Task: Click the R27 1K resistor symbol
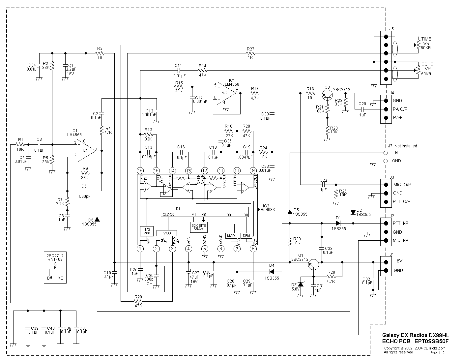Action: pos(251,53)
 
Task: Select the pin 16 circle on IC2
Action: pos(140,170)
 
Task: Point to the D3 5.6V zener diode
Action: pos(300,284)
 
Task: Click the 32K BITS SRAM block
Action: pos(199,227)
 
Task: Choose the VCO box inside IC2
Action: pos(167,233)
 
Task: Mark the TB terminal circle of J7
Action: pos(386,153)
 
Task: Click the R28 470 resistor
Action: pos(138,301)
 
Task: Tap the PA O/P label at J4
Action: pos(400,109)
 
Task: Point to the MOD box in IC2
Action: pos(231,236)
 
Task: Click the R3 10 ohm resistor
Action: pos(100,53)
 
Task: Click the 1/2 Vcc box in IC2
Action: pos(147,231)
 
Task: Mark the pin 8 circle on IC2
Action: pos(253,249)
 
